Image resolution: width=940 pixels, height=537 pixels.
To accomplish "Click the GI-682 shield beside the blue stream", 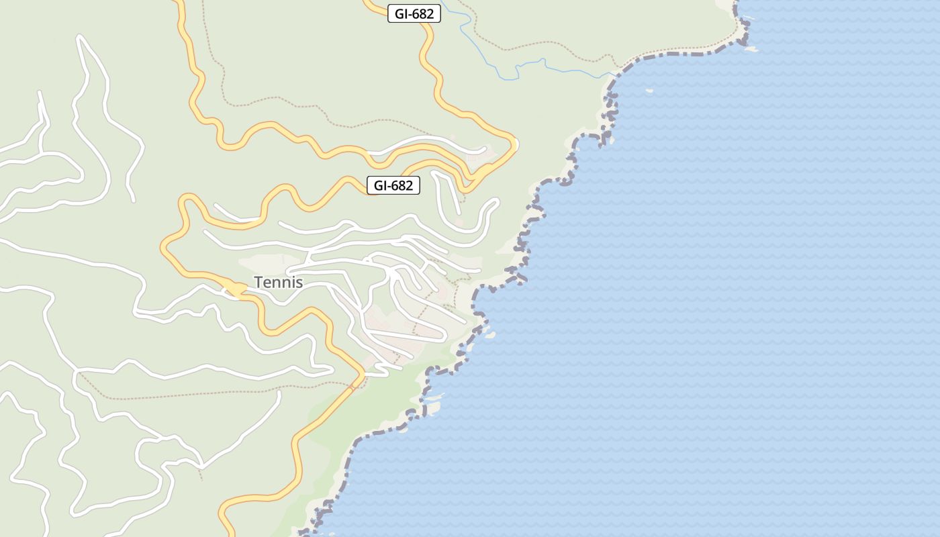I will coord(414,13).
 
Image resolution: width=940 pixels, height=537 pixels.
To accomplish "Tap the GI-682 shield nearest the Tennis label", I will coord(393,185).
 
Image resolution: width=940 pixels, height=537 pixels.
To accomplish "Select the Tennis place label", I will coord(278,283).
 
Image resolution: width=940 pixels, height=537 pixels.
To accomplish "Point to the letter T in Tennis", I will coord(258,283).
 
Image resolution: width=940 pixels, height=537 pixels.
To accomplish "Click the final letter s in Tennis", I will coord(299,283).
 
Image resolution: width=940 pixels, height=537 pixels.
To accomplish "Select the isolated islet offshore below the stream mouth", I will coord(649,91).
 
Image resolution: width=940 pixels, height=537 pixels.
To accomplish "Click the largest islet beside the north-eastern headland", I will coord(750,49).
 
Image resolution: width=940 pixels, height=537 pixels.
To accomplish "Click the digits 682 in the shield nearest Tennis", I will coord(402,185).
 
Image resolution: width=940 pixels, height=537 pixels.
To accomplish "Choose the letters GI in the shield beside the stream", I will coord(401,13).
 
